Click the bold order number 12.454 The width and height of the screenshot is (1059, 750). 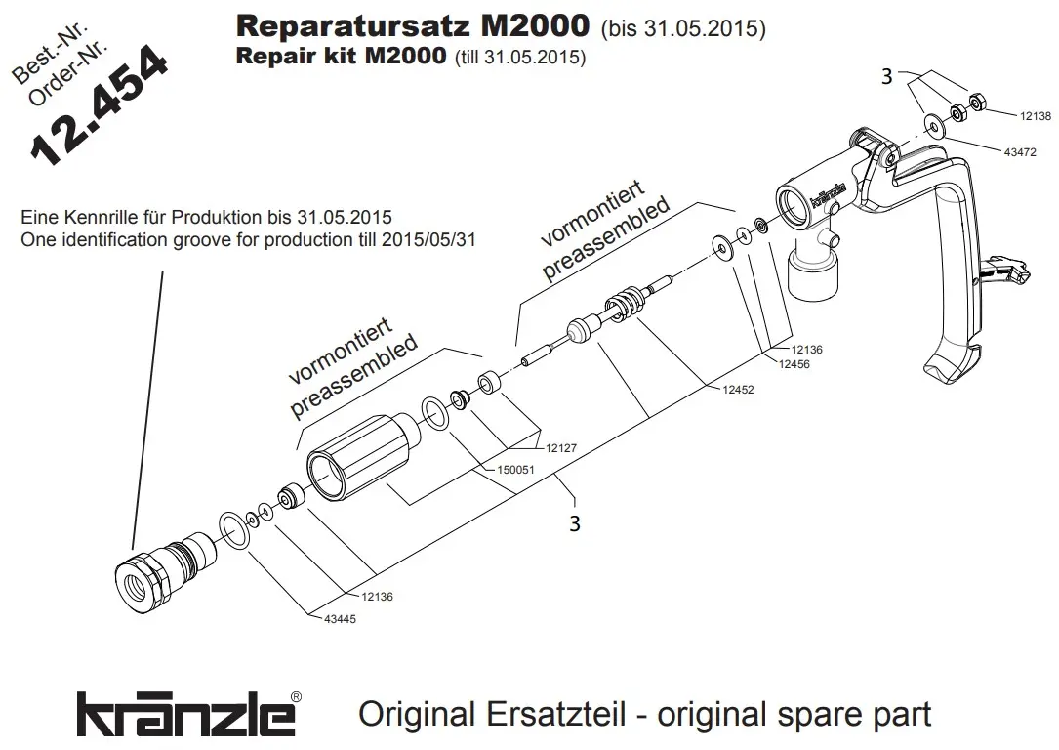(100, 105)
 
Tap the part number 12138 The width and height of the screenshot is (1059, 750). (1035, 116)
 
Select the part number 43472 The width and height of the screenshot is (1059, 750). (1020, 152)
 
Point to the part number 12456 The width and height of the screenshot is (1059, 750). (794, 365)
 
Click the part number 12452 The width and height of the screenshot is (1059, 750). (738, 390)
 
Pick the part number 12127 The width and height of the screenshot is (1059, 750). (561, 448)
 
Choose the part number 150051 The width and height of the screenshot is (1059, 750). (515, 470)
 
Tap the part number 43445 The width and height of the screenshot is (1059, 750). (340, 619)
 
